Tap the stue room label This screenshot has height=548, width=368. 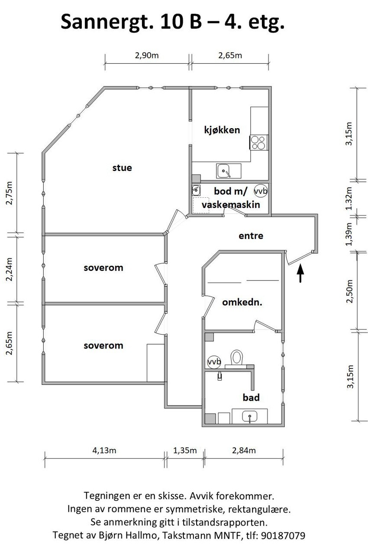click(x=122, y=168)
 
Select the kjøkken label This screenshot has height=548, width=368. click(x=222, y=130)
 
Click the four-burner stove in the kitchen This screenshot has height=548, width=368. click(x=259, y=142)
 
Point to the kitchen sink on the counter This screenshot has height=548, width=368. click(x=224, y=171)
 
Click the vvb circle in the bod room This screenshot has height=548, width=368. click(x=261, y=191)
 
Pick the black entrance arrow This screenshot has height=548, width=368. click(x=300, y=274)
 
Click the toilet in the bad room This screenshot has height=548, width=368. click(x=237, y=358)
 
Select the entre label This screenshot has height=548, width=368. click(x=251, y=236)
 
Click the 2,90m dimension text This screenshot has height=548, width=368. click(x=147, y=55)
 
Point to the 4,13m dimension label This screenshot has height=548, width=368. click(x=104, y=451)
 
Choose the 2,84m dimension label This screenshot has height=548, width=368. click(x=244, y=451)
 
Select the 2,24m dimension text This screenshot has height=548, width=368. click(x=9, y=269)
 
